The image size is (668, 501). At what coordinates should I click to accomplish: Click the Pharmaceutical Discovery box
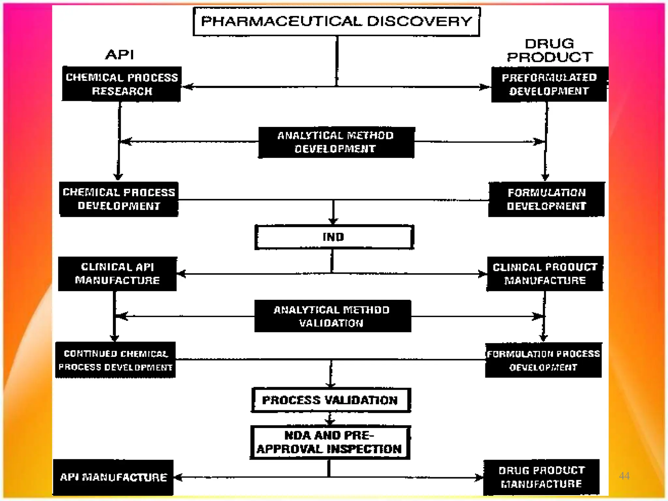(336, 22)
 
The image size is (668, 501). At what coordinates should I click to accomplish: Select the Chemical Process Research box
(121, 84)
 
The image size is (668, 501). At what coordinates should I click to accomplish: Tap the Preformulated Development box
(549, 84)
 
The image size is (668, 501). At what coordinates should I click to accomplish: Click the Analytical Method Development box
(336, 143)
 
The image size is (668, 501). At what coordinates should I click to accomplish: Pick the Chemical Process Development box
(119, 199)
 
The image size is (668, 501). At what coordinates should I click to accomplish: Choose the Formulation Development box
(546, 199)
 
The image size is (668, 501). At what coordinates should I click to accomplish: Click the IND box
(334, 237)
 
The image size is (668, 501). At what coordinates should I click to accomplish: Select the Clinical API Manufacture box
(117, 274)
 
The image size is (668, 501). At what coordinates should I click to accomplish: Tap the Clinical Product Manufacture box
(545, 274)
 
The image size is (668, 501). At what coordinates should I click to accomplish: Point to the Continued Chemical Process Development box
(115, 360)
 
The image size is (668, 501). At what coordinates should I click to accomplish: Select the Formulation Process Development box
(543, 360)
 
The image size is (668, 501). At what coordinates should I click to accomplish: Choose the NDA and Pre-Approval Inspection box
(329, 442)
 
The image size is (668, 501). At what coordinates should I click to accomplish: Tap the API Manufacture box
(113, 478)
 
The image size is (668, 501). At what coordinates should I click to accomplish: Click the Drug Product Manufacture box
(541, 477)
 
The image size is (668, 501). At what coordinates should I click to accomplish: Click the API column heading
(120, 54)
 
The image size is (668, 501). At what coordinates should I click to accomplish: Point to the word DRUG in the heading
(549, 44)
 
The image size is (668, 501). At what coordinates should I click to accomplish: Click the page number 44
(624, 476)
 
